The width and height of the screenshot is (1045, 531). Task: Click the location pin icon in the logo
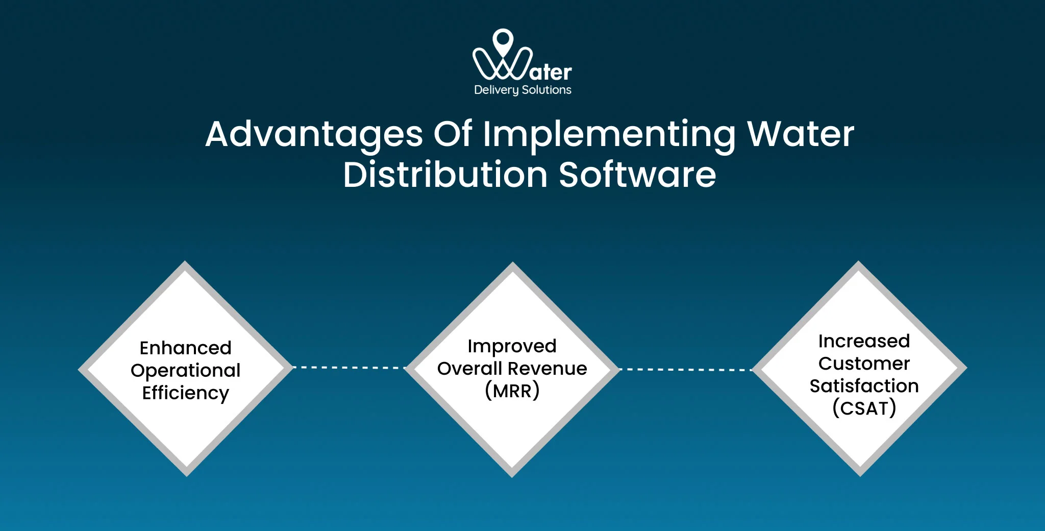click(503, 40)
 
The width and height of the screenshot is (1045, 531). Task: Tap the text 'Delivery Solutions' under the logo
click(522, 90)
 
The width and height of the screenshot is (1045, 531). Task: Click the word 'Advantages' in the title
click(314, 135)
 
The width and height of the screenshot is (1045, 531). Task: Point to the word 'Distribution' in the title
click(445, 175)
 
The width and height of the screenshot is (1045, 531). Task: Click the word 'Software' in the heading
click(637, 175)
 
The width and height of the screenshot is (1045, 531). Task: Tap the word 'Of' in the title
click(453, 134)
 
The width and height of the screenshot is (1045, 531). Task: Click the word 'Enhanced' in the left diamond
click(185, 348)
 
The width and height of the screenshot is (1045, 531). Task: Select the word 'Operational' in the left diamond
click(185, 370)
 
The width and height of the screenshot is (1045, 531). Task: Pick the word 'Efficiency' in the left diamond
click(185, 393)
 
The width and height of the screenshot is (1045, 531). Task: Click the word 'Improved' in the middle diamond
click(512, 346)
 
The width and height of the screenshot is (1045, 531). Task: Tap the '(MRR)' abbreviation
click(512, 391)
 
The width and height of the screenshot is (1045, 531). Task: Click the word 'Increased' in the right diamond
click(864, 341)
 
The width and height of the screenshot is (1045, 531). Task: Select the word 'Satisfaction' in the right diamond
click(864, 386)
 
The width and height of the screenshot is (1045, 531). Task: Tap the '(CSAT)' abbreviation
click(864, 408)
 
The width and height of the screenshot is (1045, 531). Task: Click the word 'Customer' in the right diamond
click(864, 364)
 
